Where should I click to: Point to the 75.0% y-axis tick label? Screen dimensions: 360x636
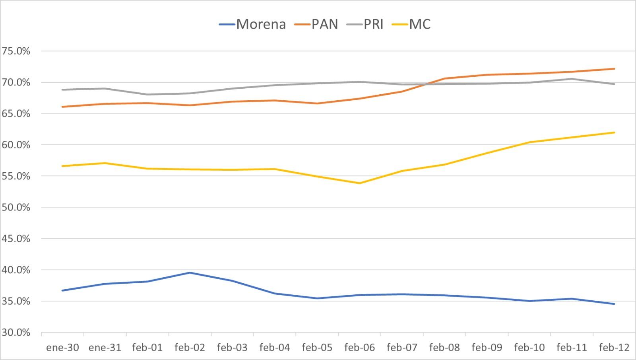point(16,51)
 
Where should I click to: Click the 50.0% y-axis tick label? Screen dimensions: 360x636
point(16,208)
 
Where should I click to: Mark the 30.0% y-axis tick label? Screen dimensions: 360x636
point(16,333)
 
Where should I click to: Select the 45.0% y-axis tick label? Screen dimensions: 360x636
point(16,239)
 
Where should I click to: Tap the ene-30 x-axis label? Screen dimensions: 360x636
point(62,348)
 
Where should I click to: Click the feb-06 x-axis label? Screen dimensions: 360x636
point(359,348)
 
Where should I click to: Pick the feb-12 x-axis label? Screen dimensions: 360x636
point(614,348)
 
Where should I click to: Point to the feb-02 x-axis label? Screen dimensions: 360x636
point(190,348)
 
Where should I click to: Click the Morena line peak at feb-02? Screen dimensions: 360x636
point(190,272)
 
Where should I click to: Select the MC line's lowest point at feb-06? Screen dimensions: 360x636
point(360,183)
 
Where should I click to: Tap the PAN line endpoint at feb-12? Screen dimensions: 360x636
point(615,69)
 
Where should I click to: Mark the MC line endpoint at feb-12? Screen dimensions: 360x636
point(615,132)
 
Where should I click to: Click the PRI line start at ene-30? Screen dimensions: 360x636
point(63,90)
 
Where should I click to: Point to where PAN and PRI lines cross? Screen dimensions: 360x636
point(425,84)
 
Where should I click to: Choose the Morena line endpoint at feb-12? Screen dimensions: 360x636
point(615,304)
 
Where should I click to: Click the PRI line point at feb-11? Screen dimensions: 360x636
point(572,79)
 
